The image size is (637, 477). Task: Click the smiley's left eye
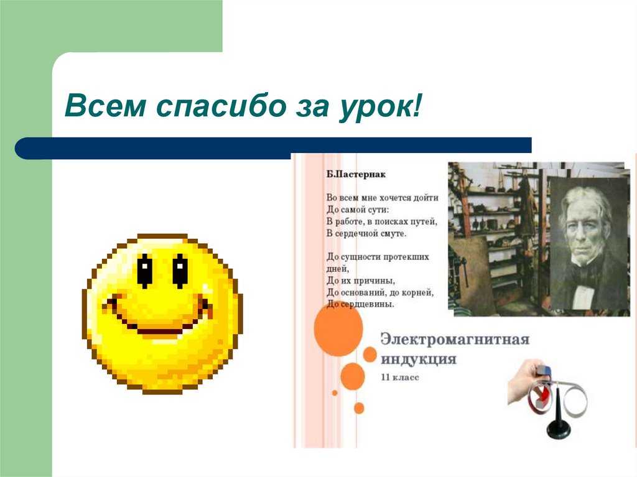(x=144, y=270)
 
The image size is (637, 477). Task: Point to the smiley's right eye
(x=180, y=270)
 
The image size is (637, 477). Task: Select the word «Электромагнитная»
(x=455, y=340)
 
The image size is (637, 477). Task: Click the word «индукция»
(x=418, y=360)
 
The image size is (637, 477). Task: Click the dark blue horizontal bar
(x=274, y=147)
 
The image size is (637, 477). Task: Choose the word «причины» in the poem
(x=373, y=280)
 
